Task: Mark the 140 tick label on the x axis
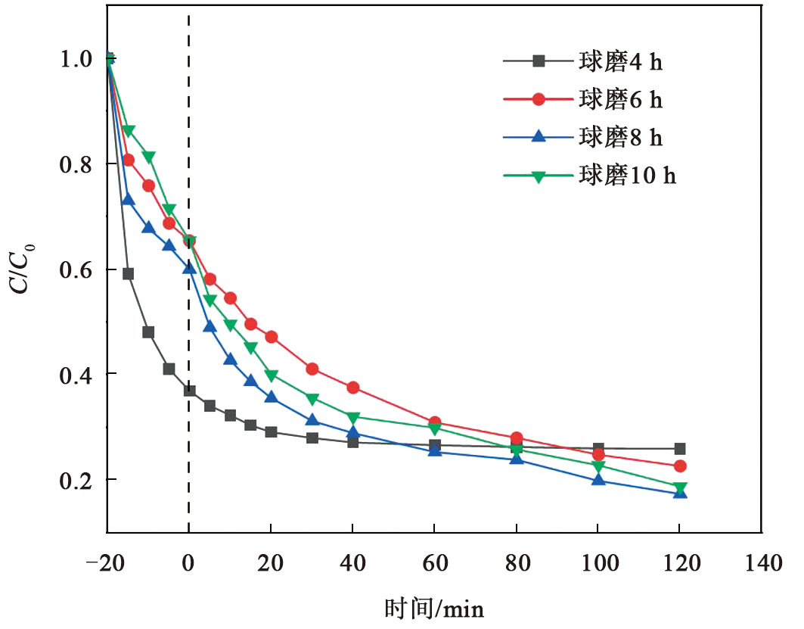tap(761, 564)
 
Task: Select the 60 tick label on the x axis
tap(434, 564)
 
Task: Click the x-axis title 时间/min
tap(433, 608)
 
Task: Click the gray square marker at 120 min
tap(679, 449)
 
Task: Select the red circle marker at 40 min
tap(352, 388)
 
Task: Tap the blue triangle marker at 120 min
tap(679, 492)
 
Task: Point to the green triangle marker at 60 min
tap(434, 429)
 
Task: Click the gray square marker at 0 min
tap(189, 391)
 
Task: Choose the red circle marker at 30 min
tap(312, 369)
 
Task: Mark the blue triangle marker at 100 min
tap(598, 479)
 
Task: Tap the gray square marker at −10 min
tap(148, 332)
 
